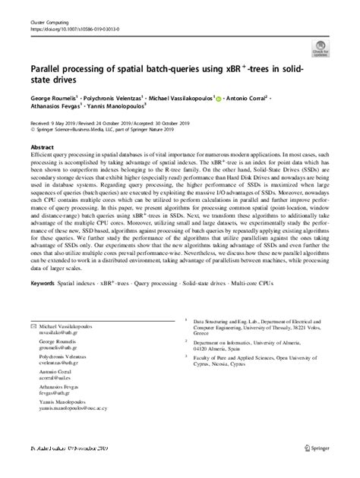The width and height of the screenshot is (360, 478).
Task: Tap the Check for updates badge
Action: (323, 51)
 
